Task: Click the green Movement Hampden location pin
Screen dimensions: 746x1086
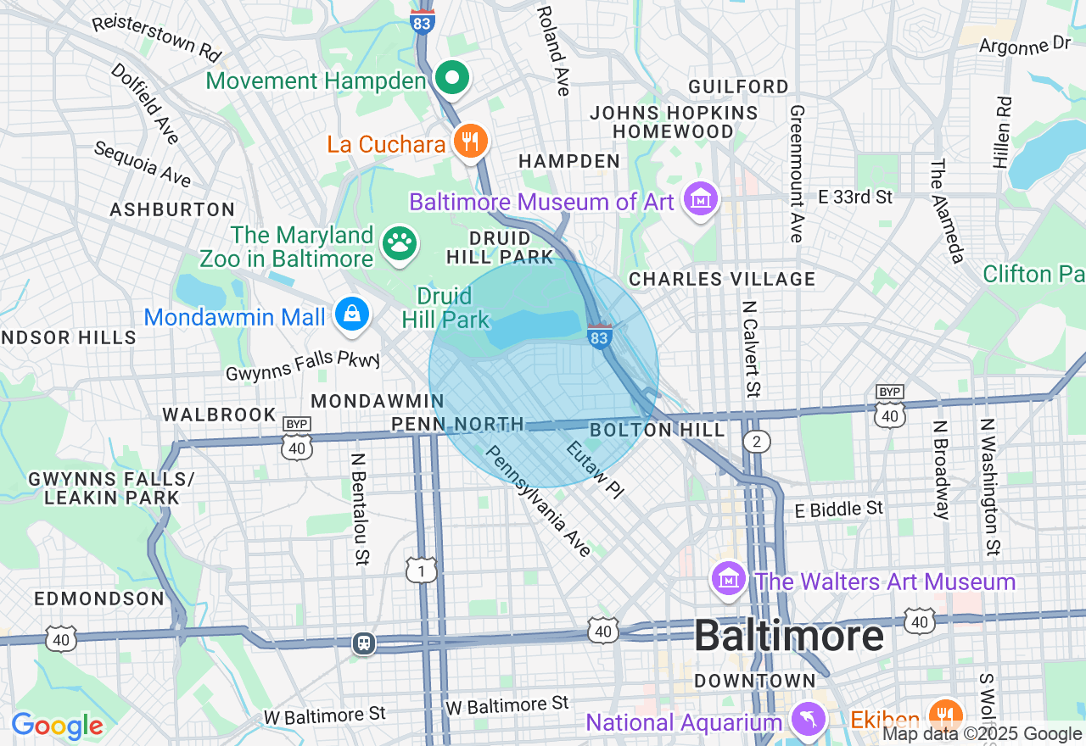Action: [453, 79]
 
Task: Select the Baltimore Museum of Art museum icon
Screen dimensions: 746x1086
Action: [701, 200]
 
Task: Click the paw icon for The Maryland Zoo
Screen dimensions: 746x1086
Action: [399, 244]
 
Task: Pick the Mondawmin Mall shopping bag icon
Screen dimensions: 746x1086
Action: [351, 315]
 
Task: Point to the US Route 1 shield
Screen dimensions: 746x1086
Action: [422, 570]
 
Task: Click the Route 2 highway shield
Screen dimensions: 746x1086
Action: [756, 441]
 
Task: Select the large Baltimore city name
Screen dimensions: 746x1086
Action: [789, 636]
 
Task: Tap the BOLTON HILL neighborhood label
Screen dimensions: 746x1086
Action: [658, 430]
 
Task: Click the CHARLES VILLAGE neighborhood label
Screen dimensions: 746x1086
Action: [722, 279]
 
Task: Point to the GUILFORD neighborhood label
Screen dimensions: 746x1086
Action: [738, 86]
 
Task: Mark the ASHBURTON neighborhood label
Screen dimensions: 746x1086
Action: [172, 209]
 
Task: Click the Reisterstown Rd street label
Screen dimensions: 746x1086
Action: [156, 37]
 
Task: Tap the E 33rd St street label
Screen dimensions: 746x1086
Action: [855, 197]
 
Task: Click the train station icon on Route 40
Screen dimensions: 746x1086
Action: [364, 643]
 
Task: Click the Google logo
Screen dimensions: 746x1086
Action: [57, 726]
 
